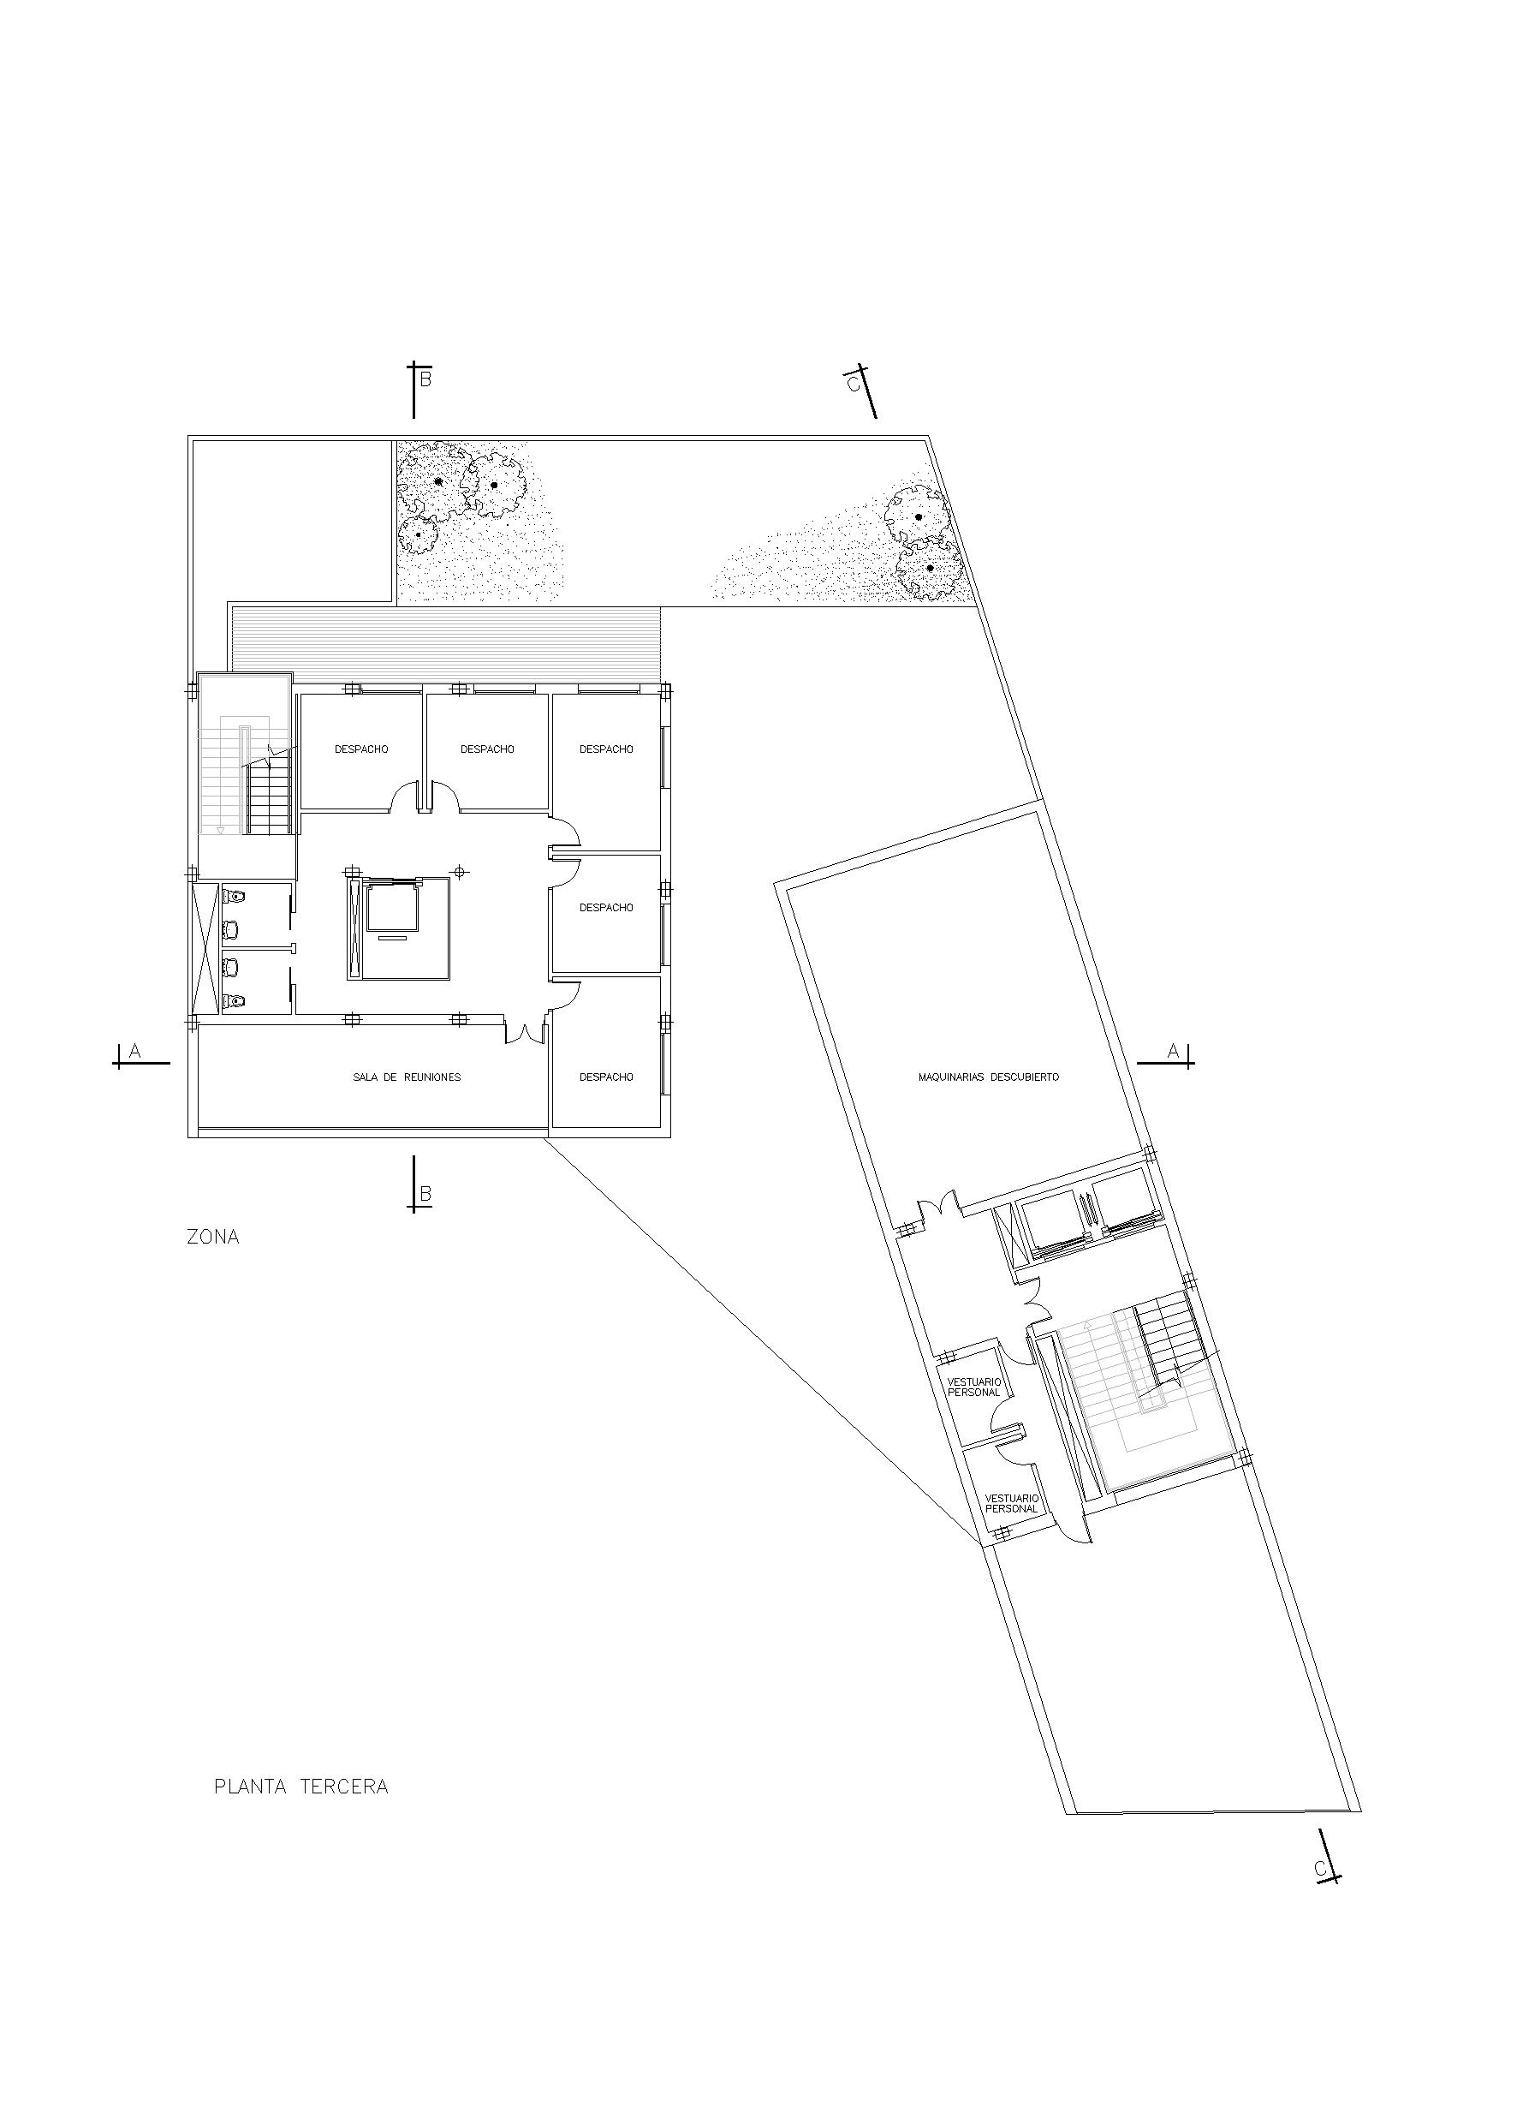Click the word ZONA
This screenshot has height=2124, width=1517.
(x=213, y=1238)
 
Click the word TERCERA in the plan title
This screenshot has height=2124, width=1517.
(x=344, y=1787)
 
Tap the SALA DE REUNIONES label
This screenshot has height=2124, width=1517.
(x=407, y=1077)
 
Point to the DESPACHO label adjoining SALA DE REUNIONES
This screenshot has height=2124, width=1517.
(x=606, y=1077)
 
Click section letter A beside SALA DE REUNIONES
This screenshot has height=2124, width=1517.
(x=134, y=1051)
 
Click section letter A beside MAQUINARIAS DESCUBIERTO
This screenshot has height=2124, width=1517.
(x=1173, y=1051)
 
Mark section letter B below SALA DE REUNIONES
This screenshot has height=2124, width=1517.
(x=425, y=1194)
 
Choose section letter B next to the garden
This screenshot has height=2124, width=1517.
(x=425, y=379)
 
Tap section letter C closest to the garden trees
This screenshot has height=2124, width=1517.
(x=852, y=384)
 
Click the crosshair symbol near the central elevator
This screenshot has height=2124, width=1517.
(x=459, y=873)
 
